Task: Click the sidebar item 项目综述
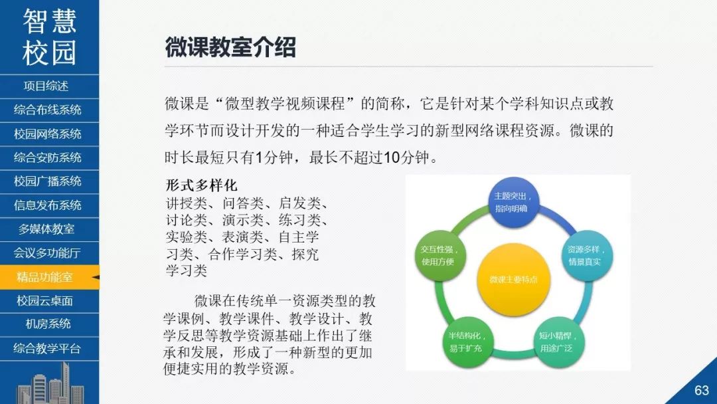[x=46, y=86]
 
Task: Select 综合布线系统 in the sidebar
[x=48, y=110]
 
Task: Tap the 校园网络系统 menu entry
[x=48, y=134]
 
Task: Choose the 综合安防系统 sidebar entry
[x=48, y=158]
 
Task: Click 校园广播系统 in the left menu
[x=48, y=181]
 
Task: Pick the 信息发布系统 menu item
[x=48, y=205]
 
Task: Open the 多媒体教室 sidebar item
[x=46, y=229]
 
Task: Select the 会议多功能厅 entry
[x=47, y=253]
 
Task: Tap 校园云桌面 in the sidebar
[x=45, y=300]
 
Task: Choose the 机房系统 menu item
[x=48, y=324]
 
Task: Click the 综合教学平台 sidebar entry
[x=47, y=349]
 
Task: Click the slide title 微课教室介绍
[x=230, y=48]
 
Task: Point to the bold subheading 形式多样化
[x=202, y=185]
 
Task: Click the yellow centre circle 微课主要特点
[x=513, y=279]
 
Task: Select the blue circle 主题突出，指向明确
[x=513, y=202]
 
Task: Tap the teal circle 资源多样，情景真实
[x=587, y=255]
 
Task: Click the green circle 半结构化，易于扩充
[x=465, y=342]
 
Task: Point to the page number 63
[x=702, y=390]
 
